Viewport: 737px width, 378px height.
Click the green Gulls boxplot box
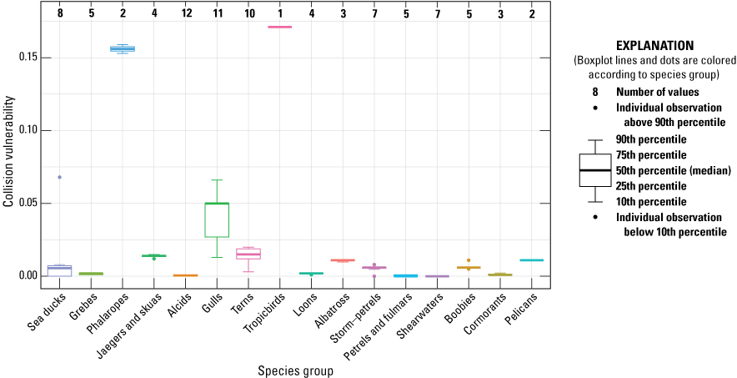(217, 219)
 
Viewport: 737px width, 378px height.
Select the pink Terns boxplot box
(248, 253)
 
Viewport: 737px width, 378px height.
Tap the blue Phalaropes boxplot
(123, 49)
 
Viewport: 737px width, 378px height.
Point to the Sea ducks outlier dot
(59, 177)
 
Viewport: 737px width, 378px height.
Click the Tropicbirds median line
(279, 27)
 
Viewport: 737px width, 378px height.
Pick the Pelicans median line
(531, 260)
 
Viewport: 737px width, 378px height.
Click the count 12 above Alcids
(185, 13)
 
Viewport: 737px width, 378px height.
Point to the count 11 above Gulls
(217, 13)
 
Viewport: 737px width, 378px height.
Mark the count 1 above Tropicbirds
(279, 13)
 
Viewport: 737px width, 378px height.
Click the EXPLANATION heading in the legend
(654, 46)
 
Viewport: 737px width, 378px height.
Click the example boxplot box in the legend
(595, 170)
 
